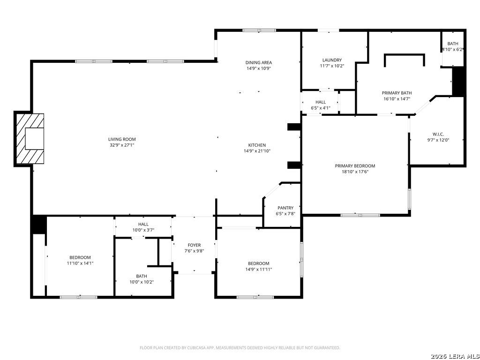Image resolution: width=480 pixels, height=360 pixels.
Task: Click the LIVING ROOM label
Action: point(122,139)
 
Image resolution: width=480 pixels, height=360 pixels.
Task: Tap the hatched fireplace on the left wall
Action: point(30,139)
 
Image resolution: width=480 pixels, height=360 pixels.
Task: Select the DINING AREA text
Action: point(259,63)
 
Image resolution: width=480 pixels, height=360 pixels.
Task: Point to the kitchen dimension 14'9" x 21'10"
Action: point(257,151)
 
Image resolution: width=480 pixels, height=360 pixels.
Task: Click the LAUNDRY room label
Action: point(332,60)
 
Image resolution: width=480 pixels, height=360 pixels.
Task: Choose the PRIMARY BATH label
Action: point(397,93)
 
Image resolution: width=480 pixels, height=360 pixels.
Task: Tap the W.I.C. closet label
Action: point(438,135)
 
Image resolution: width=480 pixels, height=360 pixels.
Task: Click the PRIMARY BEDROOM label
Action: point(355,166)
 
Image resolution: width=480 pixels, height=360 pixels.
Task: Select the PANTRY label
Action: point(285,208)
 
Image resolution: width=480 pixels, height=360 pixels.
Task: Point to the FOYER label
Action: point(194,245)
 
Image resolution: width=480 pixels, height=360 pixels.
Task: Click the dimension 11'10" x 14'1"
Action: point(80,263)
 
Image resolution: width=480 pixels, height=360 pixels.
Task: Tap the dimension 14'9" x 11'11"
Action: point(259,270)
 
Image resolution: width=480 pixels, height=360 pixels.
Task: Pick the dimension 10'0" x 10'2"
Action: point(142,282)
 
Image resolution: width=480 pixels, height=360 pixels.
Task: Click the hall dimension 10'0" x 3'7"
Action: point(143,230)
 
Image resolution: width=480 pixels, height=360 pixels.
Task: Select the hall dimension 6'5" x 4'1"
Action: point(321,108)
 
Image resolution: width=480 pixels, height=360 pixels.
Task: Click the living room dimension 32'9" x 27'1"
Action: point(122,145)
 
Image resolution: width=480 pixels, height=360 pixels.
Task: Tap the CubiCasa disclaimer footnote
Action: point(240,348)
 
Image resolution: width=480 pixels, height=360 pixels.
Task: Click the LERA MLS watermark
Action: point(455,356)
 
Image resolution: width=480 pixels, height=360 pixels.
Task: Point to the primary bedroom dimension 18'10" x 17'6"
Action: point(355,172)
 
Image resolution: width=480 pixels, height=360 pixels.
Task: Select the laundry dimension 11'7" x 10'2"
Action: point(332,66)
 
